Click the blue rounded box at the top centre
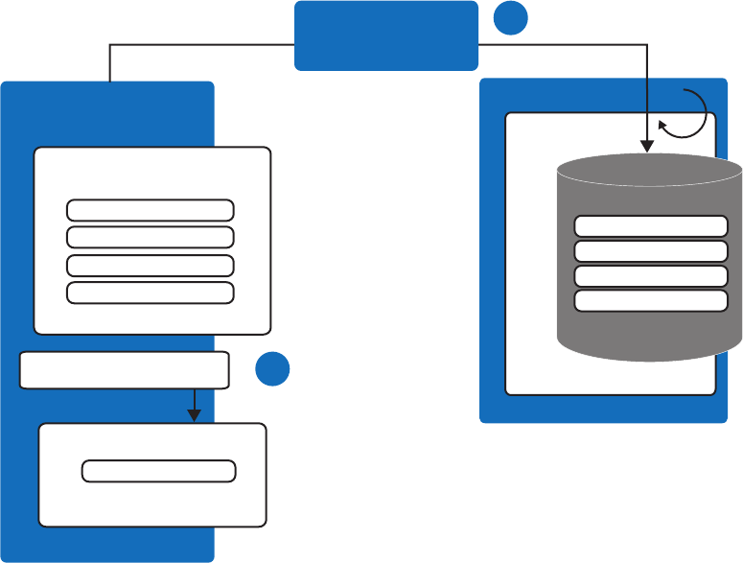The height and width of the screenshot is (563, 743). point(385,35)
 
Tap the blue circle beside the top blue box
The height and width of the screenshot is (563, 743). point(511,18)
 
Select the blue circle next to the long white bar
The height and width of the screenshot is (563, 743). point(272,369)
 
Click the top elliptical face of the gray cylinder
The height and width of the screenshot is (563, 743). point(650,172)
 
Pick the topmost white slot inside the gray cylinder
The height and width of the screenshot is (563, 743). point(650,226)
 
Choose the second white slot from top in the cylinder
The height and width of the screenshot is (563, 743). point(650,251)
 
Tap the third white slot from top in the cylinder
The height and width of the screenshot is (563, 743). point(650,276)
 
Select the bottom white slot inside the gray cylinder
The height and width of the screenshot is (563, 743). point(650,301)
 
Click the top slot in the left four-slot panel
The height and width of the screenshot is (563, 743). point(151,210)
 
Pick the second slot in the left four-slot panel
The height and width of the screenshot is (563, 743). point(151,237)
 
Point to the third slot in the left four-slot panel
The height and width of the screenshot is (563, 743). point(151,266)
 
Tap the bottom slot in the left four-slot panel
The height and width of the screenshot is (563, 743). point(151,293)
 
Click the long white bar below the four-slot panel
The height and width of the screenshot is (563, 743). point(125,370)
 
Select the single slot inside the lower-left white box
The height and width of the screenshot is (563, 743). point(159,471)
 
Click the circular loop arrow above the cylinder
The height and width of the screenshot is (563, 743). point(688,115)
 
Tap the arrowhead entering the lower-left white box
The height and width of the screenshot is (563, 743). point(194,414)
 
